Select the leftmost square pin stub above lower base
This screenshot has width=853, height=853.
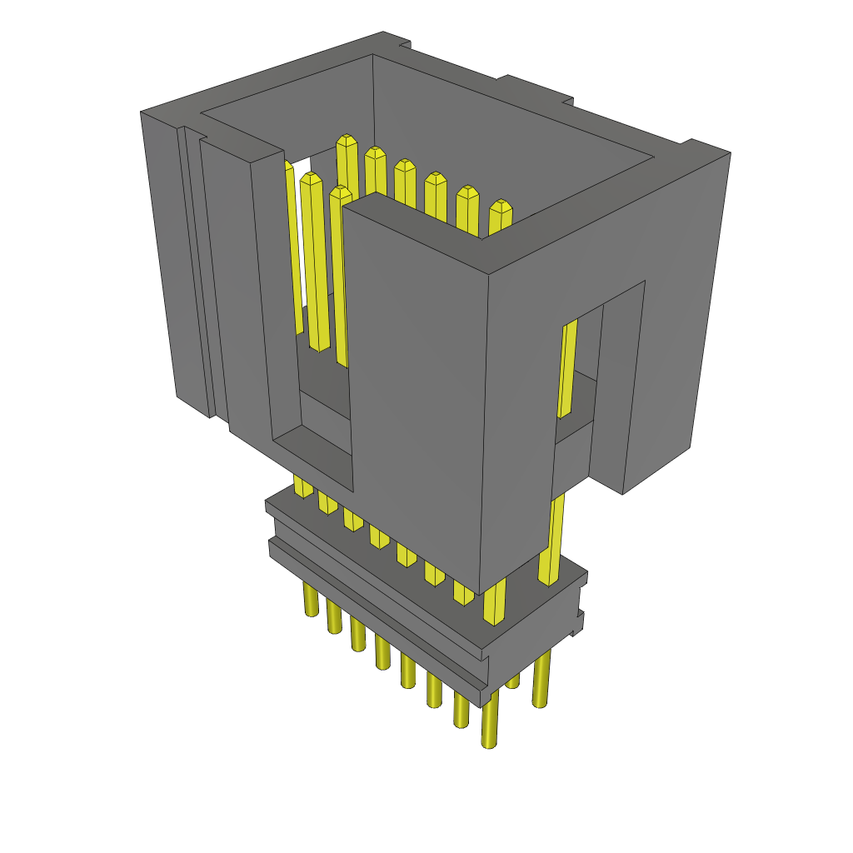tap(302, 486)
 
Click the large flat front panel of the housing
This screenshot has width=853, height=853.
tap(417, 375)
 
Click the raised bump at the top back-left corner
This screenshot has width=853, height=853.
tap(397, 38)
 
